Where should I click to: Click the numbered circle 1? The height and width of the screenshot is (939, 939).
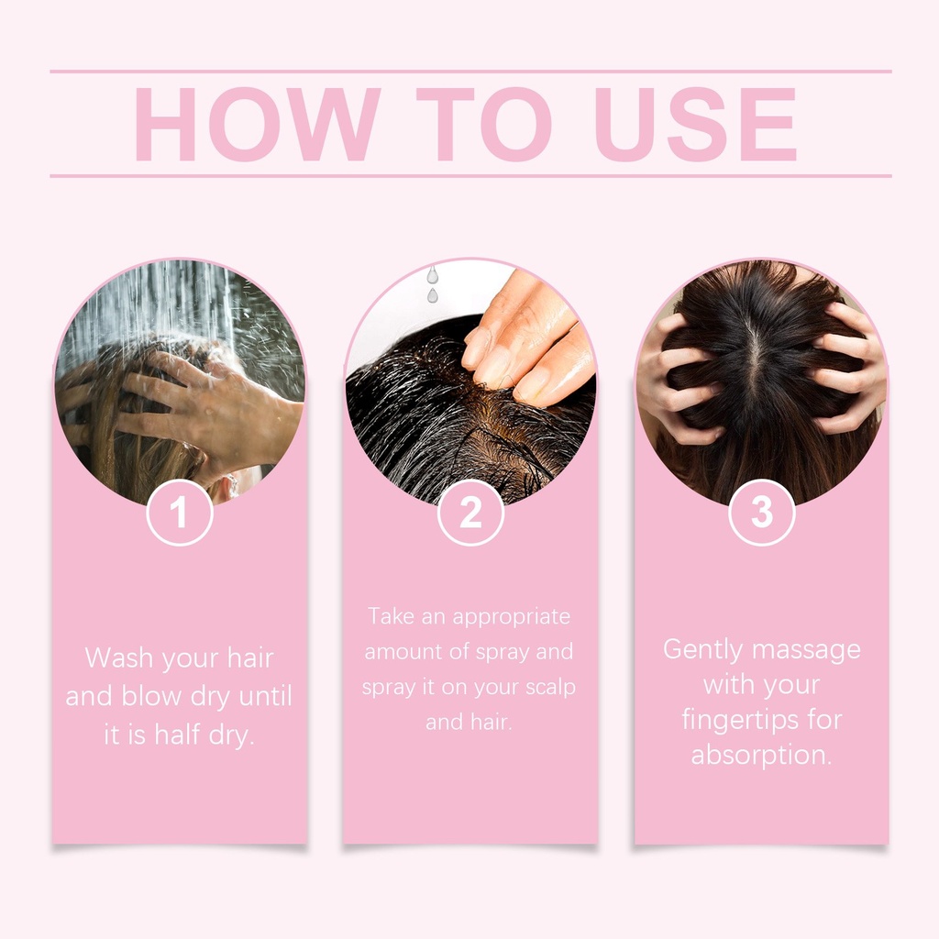pyautogui.click(x=180, y=513)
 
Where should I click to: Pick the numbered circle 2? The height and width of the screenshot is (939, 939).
pyautogui.click(x=470, y=513)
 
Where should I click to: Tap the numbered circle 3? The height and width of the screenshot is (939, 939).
pyautogui.click(x=762, y=513)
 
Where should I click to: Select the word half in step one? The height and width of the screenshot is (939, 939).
pyautogui.click(x=177, y=735)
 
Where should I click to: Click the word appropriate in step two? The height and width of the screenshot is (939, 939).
pyautogui.click(x=512, y=618)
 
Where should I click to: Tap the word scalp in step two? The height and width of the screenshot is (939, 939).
pyautogui.click(x=550, y=688)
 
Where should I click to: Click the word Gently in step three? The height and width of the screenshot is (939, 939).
pyautogui.click(x=702, y=651)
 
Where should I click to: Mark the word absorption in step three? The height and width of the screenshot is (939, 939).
pyautogui.click(x=762, y=756)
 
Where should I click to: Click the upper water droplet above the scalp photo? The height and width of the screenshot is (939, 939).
pyautogui.click(x=433, y=275)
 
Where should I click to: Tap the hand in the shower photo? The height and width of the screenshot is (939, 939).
pyautogui.click(x=206, y=414)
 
